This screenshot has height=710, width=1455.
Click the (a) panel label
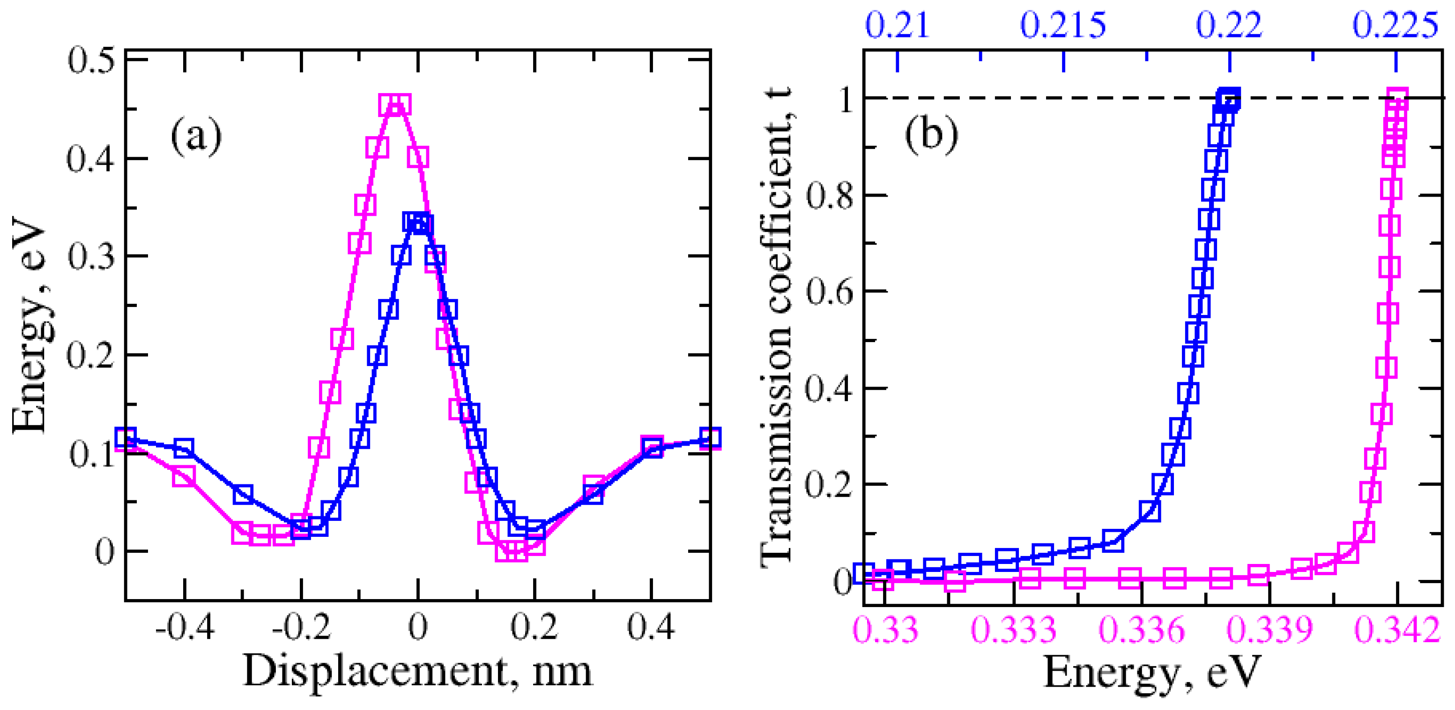(x=196, y=137)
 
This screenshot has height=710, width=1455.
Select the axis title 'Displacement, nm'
(x=417, y=672)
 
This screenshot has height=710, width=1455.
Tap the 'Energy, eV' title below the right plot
(x=1152, y=673)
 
